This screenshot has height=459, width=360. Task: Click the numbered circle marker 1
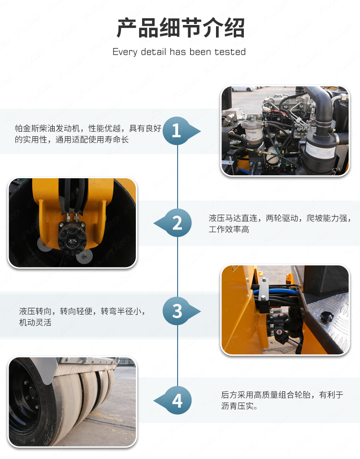click(177, 131)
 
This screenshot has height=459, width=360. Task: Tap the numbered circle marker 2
click(178, 223)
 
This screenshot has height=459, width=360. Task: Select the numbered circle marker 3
click(177, 311)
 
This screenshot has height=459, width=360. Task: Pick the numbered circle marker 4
click(178, 400)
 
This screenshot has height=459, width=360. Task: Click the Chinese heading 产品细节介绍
click(180, 28)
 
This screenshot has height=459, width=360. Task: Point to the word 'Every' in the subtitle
click(125, 52)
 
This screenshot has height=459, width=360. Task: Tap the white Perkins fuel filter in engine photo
click(253, 132)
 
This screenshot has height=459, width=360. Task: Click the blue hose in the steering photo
click(275, 291)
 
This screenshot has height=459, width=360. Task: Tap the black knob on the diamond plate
click(325, 317)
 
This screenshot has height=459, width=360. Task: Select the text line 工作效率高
click(229, 229)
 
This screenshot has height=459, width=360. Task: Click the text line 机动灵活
click(36, 322)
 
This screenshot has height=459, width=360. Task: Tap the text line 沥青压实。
click(240, 406)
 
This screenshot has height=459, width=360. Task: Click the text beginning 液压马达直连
click(280, 218)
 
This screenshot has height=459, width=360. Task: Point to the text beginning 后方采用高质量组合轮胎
click(282, 395)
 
